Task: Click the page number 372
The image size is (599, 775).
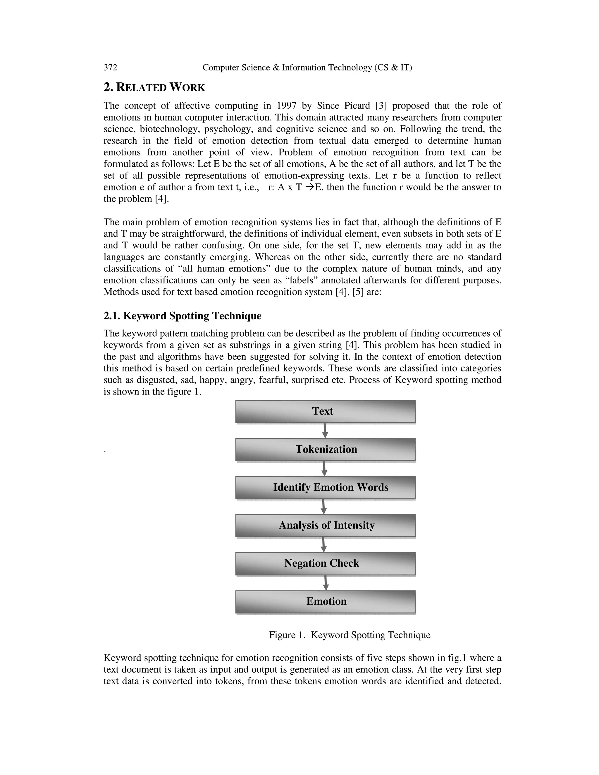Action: tap(110, 68)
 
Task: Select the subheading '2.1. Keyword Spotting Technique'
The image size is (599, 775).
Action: tap(183, 316)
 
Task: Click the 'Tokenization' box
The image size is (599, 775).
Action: tap(325, 449)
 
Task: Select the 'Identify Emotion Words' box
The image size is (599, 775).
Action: tap(325, 487)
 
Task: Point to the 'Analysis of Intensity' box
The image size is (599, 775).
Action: tap(325, 525)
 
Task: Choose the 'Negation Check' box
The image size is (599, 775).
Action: tap(325, 563)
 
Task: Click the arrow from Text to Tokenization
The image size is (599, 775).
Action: tap(324, 430)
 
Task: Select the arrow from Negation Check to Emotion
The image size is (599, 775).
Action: tap(326, 583)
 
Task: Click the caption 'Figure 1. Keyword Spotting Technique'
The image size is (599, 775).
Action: tap(350, 635)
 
